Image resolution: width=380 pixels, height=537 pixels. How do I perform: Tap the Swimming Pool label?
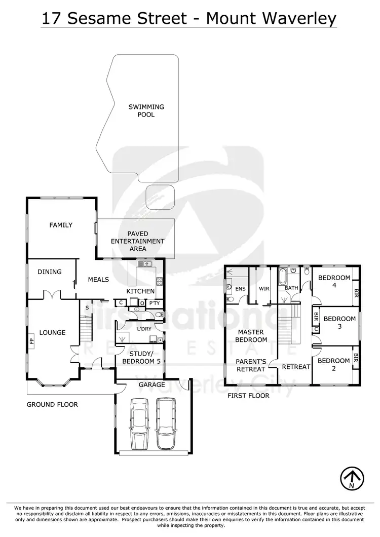point(146,111)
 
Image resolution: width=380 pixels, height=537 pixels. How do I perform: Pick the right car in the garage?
point(165,424)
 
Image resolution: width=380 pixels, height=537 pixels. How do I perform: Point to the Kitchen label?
point(141,291)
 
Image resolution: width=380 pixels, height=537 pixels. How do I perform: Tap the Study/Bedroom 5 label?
point(138,357)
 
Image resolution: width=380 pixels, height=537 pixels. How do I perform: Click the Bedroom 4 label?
point(334,282)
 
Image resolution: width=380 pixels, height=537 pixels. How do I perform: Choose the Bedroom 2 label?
point(334,365)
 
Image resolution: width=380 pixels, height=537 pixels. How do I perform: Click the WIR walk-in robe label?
point(263,288)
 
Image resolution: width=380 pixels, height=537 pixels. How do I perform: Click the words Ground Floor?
point(52,404)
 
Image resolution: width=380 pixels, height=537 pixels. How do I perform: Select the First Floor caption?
point(249,396)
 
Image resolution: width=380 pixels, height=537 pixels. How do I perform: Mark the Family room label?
point(61,225)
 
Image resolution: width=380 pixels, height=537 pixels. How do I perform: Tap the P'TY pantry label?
point(154,303)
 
